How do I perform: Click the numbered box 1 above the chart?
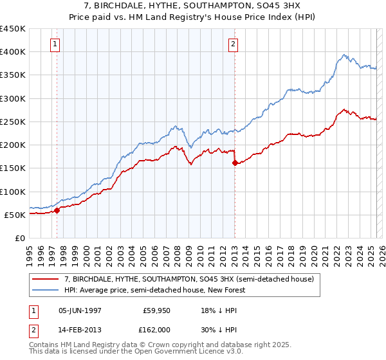click(x=55, y=44)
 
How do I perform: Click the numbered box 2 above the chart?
click(x=233, y=44)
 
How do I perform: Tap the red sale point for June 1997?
click(x=57, y=210)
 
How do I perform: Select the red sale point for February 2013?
click(x=235, y=163)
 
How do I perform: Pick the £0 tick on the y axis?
click(x=21, y=238)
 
